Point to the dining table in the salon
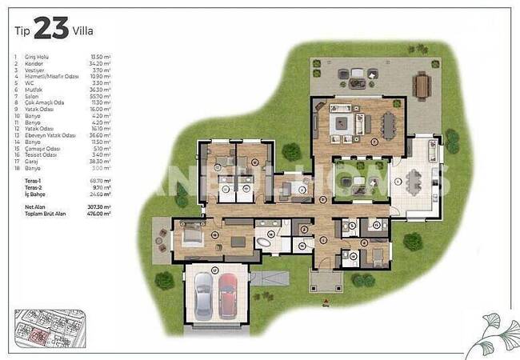click(x=388, y=124)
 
